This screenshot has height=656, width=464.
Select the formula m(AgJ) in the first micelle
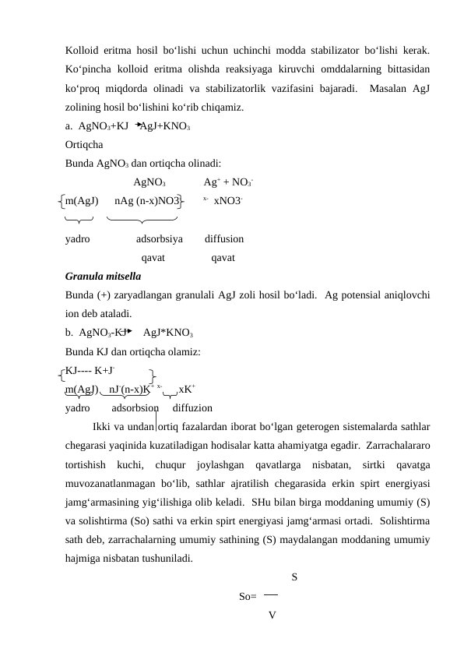coord(82,201)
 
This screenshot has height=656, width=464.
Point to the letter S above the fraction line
coord(294,577)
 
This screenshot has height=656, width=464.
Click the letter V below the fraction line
coord(270,615)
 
